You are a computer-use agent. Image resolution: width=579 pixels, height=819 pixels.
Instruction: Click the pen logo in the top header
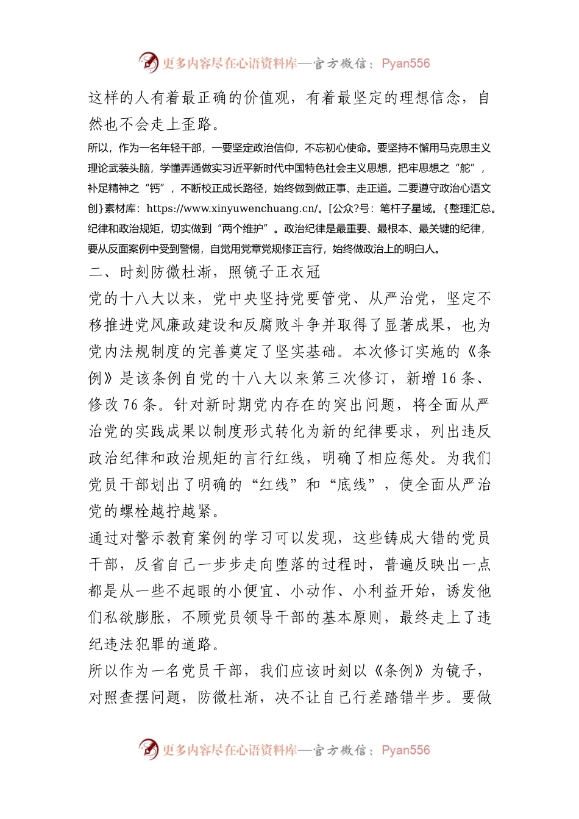click(148, 62)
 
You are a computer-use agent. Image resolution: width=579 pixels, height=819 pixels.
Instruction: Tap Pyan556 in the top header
click(405, 63)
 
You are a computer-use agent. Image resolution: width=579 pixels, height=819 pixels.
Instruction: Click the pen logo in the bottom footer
click(148, 749)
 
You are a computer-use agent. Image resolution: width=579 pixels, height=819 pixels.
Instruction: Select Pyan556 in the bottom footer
click(405, 750)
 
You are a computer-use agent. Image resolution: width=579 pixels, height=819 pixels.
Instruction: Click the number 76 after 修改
click(131, 405)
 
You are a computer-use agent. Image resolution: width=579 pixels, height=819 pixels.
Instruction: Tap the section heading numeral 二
click(96, 272)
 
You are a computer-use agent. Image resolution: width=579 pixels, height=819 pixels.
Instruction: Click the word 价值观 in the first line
click(266, 97)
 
